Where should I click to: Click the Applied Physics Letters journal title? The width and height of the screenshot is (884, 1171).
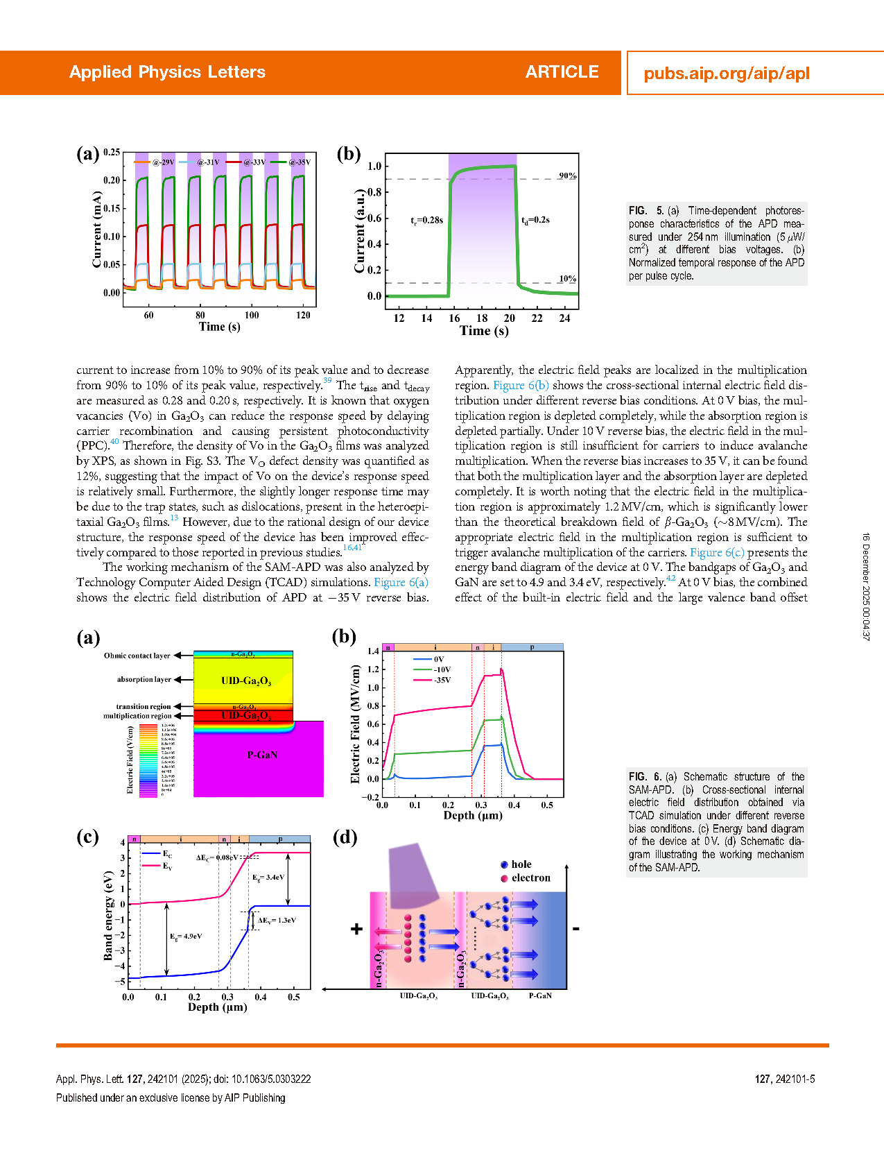pyautogui.click(x=167, y=72)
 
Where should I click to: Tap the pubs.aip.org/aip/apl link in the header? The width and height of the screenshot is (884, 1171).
pyautogui.click(x=726, y=74)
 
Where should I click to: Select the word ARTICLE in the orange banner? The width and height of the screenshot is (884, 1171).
pyautogui.click(x=562, y=72)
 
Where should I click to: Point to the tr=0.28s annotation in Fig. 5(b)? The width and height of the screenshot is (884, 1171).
pyautogui.click(x=426, y=220)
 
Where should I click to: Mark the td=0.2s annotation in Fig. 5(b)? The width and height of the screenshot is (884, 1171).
pyautogui.click(x=535, y=220)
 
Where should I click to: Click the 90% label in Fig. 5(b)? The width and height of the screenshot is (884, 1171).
pyautogui.click(x=567, y=176)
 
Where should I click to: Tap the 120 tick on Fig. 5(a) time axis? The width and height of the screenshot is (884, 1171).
pyautogui.click(x=303, y=315)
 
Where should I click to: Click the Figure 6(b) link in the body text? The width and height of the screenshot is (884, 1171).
pyautogui.click(x=521, y=385)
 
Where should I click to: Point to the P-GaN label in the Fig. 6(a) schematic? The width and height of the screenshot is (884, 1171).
pyautogui.click(x=262, y=755)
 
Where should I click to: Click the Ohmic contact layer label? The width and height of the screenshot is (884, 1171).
pyautogui.click(x=137, y=656)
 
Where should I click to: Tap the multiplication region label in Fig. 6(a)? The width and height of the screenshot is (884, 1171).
pyautogui.click(x=137, y=716)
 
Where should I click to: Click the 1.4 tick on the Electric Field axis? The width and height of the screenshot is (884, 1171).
pyautogui.click(x=373, y=651)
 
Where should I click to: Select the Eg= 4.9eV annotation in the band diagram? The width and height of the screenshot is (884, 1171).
pyautogui.click(x=186, y=937)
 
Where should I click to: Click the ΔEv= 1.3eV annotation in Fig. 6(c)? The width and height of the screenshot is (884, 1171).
pyautogui.click(x=277, y=921)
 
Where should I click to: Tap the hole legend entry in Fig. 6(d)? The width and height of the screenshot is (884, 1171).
pyautogui.click(x=521, y=864)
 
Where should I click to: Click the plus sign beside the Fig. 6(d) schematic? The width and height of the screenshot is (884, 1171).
pyautogui.click(x=356, y=929)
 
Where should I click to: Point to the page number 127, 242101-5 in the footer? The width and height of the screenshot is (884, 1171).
pyautogui.click(x=784, y=1079)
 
